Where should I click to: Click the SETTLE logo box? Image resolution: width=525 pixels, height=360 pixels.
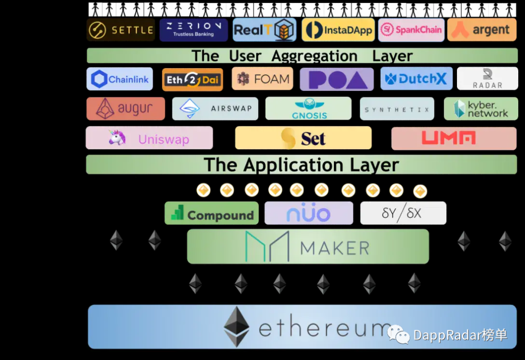click(x=121, y=30)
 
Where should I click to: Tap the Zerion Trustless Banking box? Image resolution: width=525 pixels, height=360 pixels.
click(x=193, y=30)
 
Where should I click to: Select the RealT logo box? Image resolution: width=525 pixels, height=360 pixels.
click(x=264, y=30)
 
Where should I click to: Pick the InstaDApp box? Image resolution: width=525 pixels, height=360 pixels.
click(x=338, y=30)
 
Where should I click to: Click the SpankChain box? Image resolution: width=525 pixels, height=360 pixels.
click(x=411, y=30)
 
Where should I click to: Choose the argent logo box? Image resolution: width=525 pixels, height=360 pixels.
click(x=482, y=30)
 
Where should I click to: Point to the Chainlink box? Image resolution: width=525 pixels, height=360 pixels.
click(x=120, y=79)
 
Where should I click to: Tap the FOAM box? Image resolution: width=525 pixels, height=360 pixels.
click(x=262, y=79)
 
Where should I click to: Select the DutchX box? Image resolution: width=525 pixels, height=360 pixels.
click(x=417, y=79)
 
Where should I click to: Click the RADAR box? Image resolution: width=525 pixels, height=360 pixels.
click(x=487, y=79)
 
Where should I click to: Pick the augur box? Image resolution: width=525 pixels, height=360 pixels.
click(x=125, y=108)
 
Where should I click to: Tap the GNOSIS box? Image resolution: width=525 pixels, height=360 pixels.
click(x=308, y=108)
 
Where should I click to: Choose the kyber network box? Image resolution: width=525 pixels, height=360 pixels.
click(x=481, y=109)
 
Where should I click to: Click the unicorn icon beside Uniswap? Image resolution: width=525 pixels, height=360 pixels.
click(x=117, y=139)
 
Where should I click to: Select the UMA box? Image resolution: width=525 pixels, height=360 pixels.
click(x=454, y=139)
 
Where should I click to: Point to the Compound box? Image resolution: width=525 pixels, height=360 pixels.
click(x=212, y=213)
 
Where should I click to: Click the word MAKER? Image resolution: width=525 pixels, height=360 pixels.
click(x=335, y=248)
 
